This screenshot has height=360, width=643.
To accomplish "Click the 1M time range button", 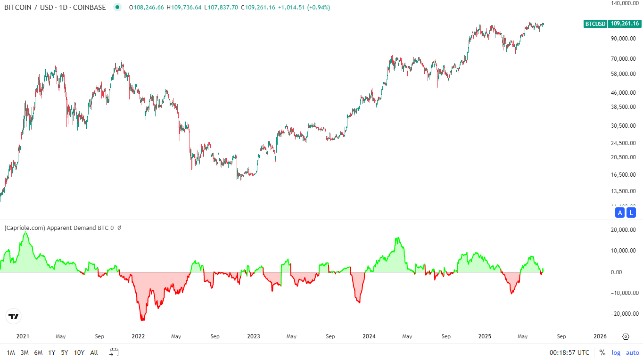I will (x=11, y=352).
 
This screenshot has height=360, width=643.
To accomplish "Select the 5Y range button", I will (x=65, y=352).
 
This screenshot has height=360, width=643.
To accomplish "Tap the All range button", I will (x=94, y=352).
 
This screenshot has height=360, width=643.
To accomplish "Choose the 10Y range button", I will (x=79, y=352).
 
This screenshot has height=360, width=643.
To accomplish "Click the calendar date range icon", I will (x=114, y=352).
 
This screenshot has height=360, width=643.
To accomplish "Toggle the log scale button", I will (x=616, y=352).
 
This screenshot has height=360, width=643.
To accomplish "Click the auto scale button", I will (x=633, y=352).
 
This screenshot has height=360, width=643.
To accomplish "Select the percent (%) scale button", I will (x=602, y=352).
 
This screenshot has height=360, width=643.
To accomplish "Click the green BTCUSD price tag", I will (x=595, y=23).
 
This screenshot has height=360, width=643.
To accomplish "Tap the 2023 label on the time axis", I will (x=254, y=336).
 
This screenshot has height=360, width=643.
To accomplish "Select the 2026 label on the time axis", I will (x=600, y=336).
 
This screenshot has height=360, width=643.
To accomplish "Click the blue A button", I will (x=620, y=213).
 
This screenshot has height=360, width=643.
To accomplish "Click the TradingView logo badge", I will (x=13, y=316).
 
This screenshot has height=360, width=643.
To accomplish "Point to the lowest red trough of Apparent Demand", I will (x=142, y=320).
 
